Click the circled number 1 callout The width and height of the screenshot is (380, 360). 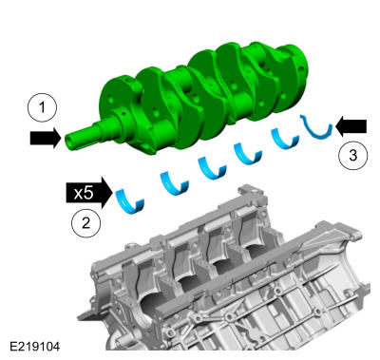(x=42, y=107)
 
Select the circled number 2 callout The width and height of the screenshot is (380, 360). (x=85, y=223)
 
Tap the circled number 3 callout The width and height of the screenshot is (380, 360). (x=352, y=155)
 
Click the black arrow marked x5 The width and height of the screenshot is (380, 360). (x=89, y=193)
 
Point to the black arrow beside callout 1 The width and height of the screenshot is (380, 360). (x=46, y=138)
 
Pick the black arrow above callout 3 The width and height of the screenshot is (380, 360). (x=351, y=126)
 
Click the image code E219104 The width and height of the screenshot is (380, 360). (x=34, y=347)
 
